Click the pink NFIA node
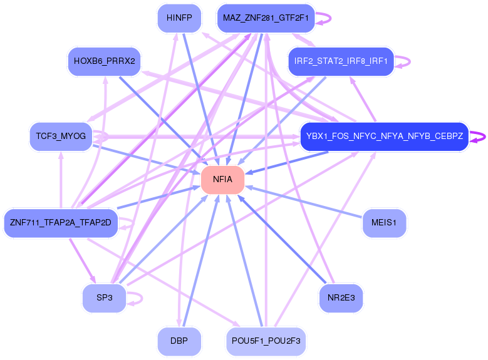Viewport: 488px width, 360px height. [222, 180]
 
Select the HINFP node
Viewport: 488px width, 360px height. [179, 18]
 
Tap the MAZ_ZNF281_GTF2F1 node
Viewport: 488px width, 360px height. [266, 18]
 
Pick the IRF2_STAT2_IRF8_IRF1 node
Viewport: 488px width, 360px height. [341, 61]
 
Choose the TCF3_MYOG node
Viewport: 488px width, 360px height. [61, 136]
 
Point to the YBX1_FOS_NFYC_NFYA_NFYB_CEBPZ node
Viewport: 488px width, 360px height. [385, 136]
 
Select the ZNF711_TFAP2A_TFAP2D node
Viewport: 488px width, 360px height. [60, 223]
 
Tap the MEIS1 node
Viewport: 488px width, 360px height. [384, 223]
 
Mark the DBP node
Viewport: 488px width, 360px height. [179, 341]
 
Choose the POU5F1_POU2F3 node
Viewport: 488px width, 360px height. [266, 341]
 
